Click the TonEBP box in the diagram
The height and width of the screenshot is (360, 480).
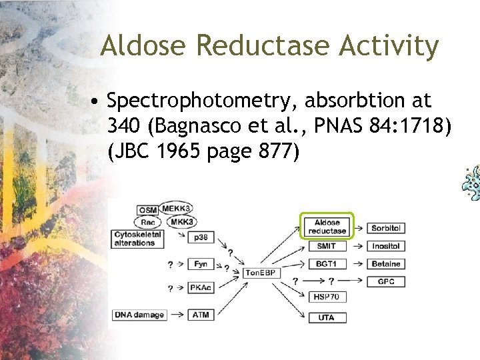[263, 273]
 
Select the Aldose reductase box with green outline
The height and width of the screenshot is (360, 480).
[327, 227]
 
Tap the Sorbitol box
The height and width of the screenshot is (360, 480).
[386, 228]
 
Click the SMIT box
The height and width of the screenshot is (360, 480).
[327, 246]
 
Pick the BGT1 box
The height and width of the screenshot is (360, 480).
[327, 264]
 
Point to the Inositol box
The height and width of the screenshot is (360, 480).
[386, 246]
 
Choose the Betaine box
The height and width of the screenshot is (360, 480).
[386, 264]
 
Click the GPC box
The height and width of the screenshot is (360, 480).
[386, 281]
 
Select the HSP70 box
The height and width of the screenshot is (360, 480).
[327, 297]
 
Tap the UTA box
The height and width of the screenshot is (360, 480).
[327, 317]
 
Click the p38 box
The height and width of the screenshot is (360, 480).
[200, 237]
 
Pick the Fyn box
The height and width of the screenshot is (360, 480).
[200, 264]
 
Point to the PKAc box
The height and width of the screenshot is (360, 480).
[200, 288]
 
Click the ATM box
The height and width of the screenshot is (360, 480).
[200, 315]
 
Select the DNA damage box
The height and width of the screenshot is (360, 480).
[139, 315]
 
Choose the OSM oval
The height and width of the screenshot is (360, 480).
[148, 211]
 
